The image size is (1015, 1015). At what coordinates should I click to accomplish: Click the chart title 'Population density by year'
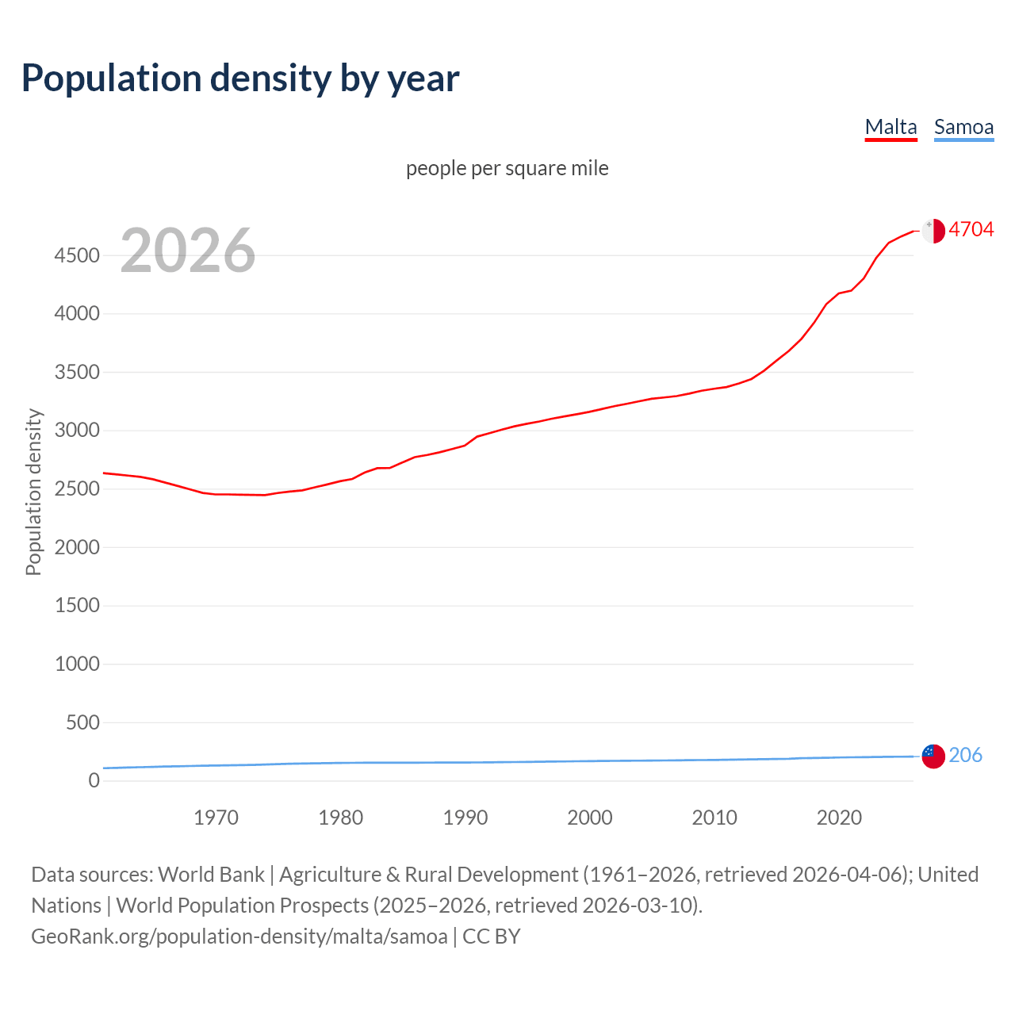point(240,79)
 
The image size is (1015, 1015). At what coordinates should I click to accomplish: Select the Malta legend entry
point(891,128)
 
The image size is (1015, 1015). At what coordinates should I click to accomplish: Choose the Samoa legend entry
point(963,128)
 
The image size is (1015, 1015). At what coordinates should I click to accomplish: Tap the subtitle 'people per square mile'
point(507,169)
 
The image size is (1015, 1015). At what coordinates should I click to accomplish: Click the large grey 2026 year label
point(188,251)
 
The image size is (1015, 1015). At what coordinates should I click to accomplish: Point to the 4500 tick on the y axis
point(77,256)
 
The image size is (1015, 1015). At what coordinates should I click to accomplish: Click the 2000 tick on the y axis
point(77,547)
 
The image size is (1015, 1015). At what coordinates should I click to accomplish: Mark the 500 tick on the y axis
point(82,722)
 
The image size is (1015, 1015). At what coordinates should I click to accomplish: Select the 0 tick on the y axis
point(94,780)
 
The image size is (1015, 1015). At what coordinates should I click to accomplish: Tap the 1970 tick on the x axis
point(216,818)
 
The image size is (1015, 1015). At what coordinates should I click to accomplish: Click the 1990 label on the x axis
point(465,818)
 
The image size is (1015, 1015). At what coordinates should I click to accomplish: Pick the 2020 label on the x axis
point(839,818)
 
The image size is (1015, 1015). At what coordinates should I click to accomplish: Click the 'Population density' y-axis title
point(33,492)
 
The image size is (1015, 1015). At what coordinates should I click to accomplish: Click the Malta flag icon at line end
point(933,231)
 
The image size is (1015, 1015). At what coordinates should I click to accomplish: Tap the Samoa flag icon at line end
point(933,756)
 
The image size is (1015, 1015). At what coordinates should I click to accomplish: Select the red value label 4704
point(971,230)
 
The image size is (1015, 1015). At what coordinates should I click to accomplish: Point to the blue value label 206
point(965,756)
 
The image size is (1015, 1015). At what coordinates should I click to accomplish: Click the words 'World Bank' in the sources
point(211,875)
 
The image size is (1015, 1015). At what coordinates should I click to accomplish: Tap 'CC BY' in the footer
point(492,936)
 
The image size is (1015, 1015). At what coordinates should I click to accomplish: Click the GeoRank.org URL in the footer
point(239,936)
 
